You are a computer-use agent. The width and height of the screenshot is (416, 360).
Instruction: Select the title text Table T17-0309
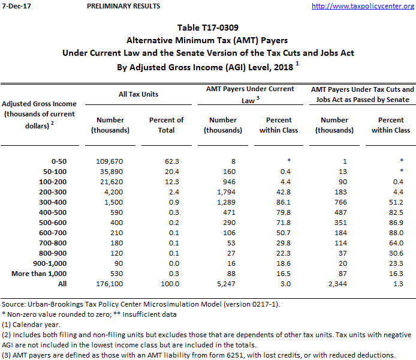207,28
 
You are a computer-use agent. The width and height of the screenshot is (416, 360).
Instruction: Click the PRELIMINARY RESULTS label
123,6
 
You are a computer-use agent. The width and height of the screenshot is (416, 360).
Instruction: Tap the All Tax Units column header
138,94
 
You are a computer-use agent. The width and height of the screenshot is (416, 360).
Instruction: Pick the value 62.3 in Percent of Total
166,161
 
